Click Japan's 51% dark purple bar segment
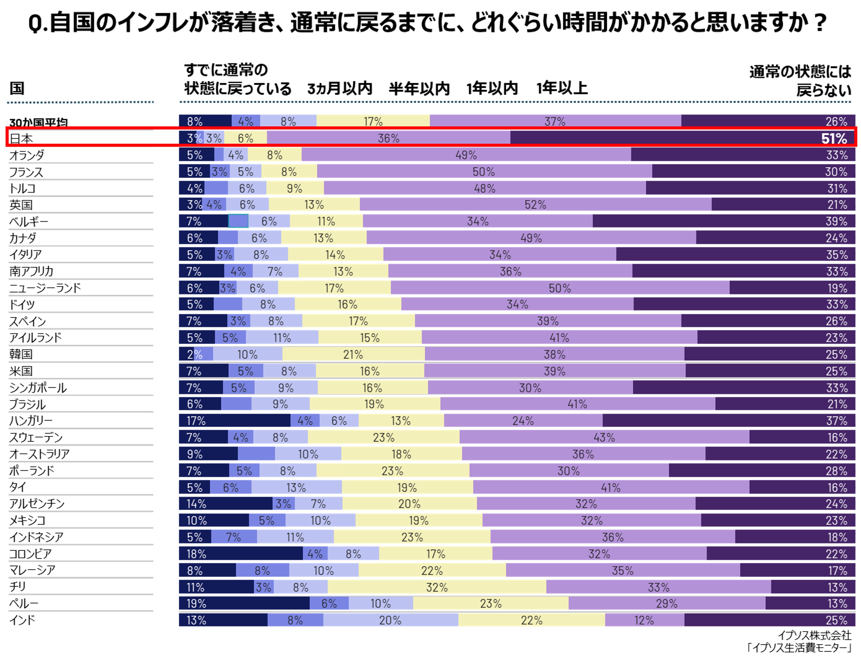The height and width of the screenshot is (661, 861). coord(682,138)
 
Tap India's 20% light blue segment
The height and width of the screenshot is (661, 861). coord(390,620)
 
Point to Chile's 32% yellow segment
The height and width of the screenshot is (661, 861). coord(437,587)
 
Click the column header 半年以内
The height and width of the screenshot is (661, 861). coord(419,88)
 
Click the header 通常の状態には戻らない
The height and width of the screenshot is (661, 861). coord(801,81)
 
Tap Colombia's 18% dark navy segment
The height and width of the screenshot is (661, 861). coord(241,554)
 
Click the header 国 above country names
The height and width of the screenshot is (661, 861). coord(17,88)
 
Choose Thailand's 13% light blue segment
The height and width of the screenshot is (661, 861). coord(296,488)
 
